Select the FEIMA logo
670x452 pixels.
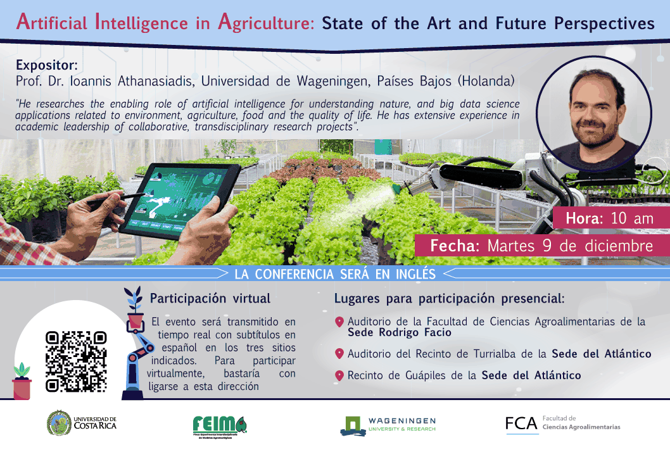click(219, 424)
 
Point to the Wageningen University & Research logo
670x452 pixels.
click(388, 425)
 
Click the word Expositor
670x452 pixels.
click(46, 65)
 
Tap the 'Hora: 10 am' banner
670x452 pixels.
click(610, 219)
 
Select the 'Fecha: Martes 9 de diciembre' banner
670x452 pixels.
click(541, 246)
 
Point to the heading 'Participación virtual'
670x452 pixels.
click(210, 298)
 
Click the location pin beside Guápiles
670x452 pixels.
click(339, 375)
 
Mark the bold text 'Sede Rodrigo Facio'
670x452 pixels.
click(400, 332)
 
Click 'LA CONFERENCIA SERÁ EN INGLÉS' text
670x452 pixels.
click(335, 274)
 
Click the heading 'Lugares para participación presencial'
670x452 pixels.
click(448, 298)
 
